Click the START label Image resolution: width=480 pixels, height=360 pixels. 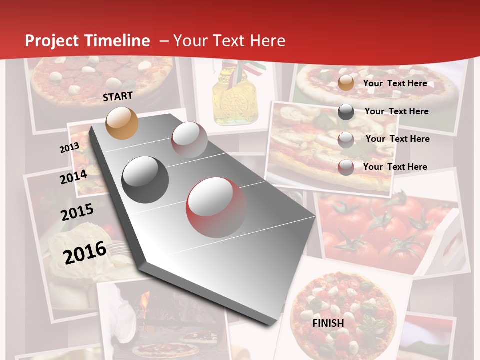coord(118,96)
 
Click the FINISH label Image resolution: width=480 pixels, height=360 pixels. coord(328,323)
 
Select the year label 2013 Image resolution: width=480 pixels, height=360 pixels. coord(69,147)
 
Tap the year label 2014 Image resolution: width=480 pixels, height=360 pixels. coord(73,177)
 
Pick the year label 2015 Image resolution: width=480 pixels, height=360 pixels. coord(77,212)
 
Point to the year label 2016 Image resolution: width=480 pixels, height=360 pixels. coord(85,252)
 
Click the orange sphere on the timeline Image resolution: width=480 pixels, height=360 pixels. coord(122,123)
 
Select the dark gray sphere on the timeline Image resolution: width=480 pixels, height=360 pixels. coord(145,179)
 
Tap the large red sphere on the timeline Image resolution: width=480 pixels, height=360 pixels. coord(216,206)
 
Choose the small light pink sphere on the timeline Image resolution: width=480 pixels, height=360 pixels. coord(189,139)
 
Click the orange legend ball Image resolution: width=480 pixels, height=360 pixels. coord(346,83)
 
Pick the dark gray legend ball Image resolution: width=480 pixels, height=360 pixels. coord(346,112)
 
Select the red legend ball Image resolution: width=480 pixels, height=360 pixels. coord(346,167)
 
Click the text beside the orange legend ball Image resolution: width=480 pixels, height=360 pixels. coord(395,83)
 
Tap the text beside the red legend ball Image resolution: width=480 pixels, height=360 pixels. coord(395,167)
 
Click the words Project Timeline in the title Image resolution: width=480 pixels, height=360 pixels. coord(87,41)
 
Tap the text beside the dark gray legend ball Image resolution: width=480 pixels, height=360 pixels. coord(396,111)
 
